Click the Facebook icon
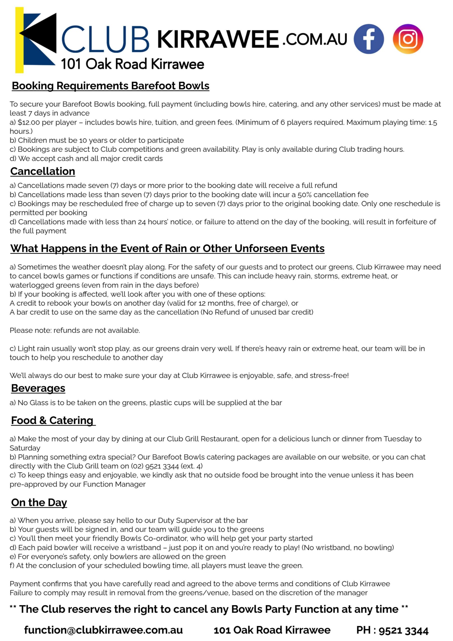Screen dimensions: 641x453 tap(368, 39)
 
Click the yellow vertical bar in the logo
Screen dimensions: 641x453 tap(19, 40)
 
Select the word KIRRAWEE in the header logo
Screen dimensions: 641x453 tap(218, 39)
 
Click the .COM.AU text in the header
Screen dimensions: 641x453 tap(315, 39)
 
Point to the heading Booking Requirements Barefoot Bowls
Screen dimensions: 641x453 tap(111, 86)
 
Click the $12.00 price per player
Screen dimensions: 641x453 tap(29, 122)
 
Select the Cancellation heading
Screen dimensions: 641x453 tap(43, 171)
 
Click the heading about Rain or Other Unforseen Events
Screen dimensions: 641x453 tap(167, 248)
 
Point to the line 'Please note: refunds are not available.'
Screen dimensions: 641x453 tap(75, 330)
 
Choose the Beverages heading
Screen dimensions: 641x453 tap(38, 388)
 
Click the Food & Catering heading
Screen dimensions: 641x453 tap(52, 420)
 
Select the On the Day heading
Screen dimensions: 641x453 tap(39, 502)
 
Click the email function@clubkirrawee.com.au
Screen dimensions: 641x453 tap(104, 630)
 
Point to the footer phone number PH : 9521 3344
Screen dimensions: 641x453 tap(392, 630)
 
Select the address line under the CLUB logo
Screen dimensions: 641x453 tap(133, 64)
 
